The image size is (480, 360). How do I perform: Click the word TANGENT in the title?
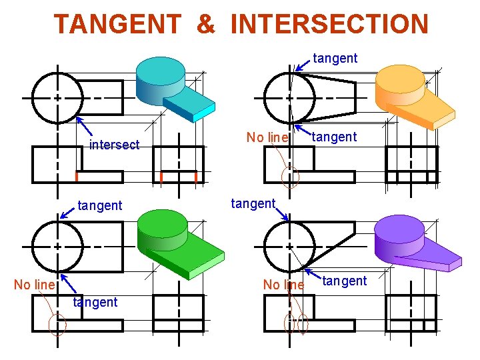(x=117, y=24)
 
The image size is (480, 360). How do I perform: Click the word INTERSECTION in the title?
(x=329, y=24)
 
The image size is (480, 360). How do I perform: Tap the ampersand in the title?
(x=206, y=24)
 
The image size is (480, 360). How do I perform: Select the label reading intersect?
(x=115, y=145)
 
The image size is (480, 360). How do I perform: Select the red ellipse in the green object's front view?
(x=57, y=325)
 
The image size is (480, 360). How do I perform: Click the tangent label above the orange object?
(x=335, y=58)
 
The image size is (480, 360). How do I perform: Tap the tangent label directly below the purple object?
(x=344, y=281)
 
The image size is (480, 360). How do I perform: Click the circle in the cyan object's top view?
(x=57, y=97)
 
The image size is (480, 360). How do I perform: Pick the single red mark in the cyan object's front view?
(x=77, y=177)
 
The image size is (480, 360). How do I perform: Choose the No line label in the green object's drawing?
(x=34, y=285)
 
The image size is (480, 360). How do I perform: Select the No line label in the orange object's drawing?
(x=267, y=138)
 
